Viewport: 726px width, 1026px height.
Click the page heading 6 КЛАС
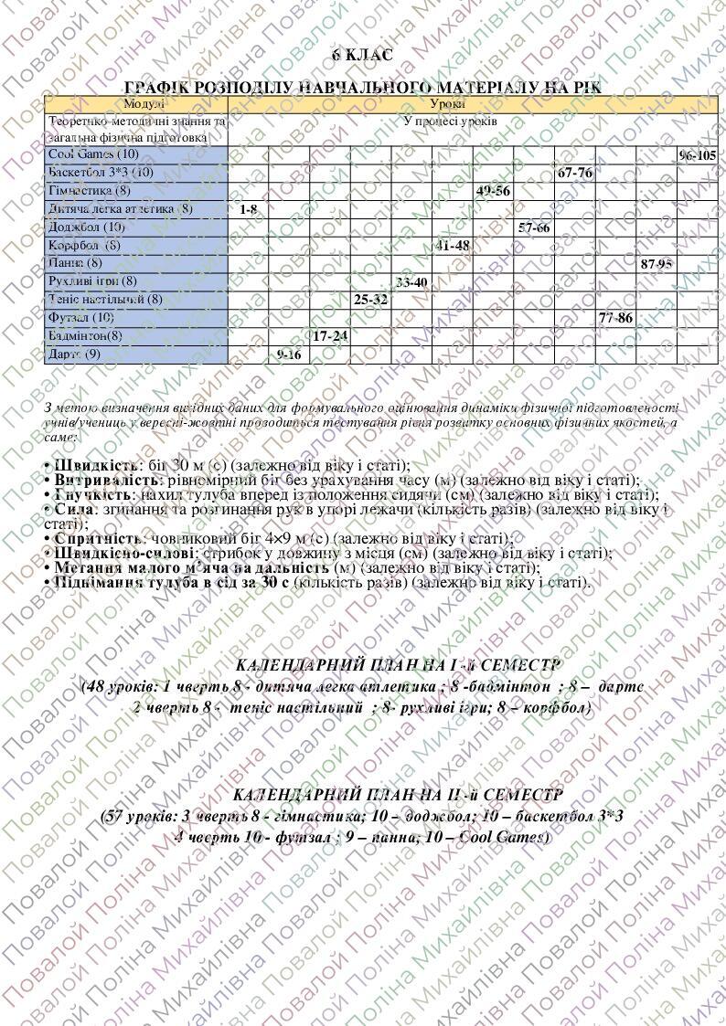[362, 56]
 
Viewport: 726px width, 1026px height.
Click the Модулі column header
[136, 104]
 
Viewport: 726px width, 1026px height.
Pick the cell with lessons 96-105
[698, 155]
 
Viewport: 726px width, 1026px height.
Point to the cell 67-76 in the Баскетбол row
[574, 173]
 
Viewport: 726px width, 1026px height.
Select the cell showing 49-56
[493, 191]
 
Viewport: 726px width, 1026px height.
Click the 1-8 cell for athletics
[249, 209]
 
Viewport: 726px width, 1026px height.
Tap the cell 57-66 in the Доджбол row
[534, 227]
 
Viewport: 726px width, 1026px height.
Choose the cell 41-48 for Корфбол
[452, 245]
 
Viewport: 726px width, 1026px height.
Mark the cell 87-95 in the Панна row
[657, 263]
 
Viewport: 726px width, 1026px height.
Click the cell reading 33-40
[411, 281]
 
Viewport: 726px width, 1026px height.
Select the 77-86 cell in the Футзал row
[615, 317]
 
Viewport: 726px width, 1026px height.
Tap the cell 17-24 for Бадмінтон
[330, 335]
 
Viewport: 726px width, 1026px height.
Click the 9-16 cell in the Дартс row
[289, 354]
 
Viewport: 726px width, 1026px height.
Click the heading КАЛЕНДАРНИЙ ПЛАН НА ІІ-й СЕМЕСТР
[398, 796]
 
